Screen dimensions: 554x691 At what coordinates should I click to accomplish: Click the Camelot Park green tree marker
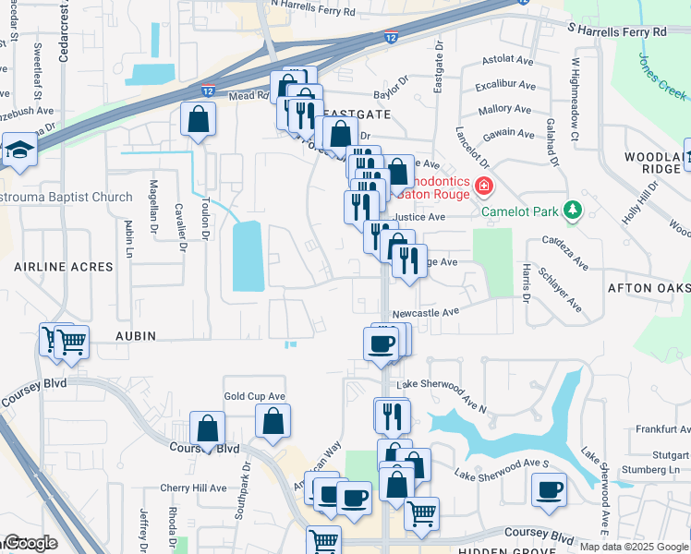tap(573, 211)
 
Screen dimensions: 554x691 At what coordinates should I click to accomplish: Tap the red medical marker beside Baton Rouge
tap(482, 188)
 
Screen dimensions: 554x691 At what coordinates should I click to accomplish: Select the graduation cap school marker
tap(18, 151)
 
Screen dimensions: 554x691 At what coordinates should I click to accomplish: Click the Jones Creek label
tap(661, 76)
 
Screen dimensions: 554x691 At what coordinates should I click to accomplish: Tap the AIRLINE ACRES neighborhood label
tap(64, 267)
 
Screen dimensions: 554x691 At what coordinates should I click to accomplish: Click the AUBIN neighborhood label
tap(135, 335)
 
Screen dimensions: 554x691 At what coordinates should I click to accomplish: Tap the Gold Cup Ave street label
tap(254, 396)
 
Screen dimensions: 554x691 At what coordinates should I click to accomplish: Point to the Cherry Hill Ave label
tap(193, 488)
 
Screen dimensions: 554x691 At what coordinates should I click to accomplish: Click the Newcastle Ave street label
tap(426, 313)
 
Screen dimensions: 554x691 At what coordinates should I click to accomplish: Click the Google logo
tap(30, 543)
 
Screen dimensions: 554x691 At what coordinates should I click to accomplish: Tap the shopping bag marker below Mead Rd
tap(199, 119)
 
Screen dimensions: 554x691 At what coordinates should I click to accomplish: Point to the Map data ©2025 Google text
tap(633, 547)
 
